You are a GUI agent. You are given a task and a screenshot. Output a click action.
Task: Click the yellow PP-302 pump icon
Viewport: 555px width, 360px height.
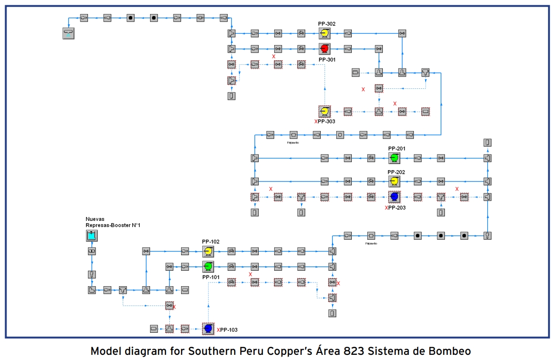324,33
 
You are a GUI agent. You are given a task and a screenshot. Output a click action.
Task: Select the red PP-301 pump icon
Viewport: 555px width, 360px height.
324,48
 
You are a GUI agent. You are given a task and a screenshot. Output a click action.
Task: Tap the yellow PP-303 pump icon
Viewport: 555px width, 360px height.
324,111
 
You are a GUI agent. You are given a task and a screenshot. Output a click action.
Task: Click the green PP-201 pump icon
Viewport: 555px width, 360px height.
394,158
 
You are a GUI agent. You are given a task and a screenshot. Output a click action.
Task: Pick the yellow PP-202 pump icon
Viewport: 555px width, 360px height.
394,181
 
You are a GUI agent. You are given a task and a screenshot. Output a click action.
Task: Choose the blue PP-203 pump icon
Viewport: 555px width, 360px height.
394,196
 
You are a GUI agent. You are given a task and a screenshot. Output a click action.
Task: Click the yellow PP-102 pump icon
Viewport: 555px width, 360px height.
208,251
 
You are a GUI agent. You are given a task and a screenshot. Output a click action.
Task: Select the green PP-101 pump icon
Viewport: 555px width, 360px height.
208,266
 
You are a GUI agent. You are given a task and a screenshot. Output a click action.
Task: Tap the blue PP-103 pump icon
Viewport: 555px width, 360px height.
208,329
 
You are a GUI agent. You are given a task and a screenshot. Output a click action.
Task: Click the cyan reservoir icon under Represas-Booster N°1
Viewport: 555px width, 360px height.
92,235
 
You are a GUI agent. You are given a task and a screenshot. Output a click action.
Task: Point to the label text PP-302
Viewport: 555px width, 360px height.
326,23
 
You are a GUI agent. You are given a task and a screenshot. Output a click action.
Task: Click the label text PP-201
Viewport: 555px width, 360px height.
396,149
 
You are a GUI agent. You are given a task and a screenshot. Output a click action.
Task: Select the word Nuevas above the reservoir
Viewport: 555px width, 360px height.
95,219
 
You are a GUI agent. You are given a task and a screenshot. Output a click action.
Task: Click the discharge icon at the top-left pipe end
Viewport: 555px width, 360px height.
69,33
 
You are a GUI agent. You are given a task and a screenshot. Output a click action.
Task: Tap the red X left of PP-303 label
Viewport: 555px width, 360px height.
316,122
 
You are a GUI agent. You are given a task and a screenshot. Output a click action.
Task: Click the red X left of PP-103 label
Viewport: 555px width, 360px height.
218,330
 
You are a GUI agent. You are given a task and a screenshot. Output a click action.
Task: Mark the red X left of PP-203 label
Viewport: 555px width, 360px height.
386,208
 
